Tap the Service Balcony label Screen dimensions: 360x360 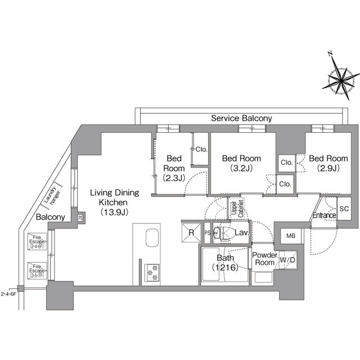[x=241, y=118]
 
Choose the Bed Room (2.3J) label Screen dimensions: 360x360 [x=172, y=168]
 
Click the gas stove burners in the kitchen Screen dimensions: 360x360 [x=152, y=272]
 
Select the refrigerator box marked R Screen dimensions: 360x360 [x=191, y=232]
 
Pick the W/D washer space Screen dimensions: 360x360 [x=289, y=260]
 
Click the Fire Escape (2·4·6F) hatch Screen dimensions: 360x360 [x=38, y=242]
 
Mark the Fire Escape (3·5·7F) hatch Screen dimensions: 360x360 [x=38, y=272]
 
